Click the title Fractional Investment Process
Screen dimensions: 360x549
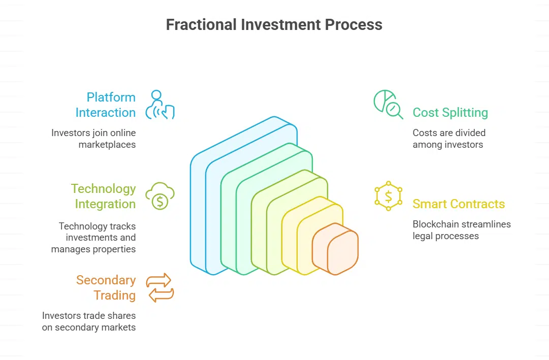pos(274,24)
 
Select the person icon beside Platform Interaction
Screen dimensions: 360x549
pos(159,105)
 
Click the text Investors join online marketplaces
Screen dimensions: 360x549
pos(93,139)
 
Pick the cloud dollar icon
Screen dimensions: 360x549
pos(159,196)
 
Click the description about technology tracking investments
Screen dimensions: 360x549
pos(93,238)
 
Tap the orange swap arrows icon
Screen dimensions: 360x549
pos(159,287)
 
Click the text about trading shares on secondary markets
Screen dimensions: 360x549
pos(89,321)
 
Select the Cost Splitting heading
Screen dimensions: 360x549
pos(450,113)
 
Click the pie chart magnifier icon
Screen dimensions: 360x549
pos(388,104)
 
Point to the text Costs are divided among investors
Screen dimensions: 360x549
pos(449,139)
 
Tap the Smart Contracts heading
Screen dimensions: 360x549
pos(459,204)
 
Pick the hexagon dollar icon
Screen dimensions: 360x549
pos(389,195)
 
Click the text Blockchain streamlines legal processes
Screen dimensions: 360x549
pos(461,230)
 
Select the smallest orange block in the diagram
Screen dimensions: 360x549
pos(336,249)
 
